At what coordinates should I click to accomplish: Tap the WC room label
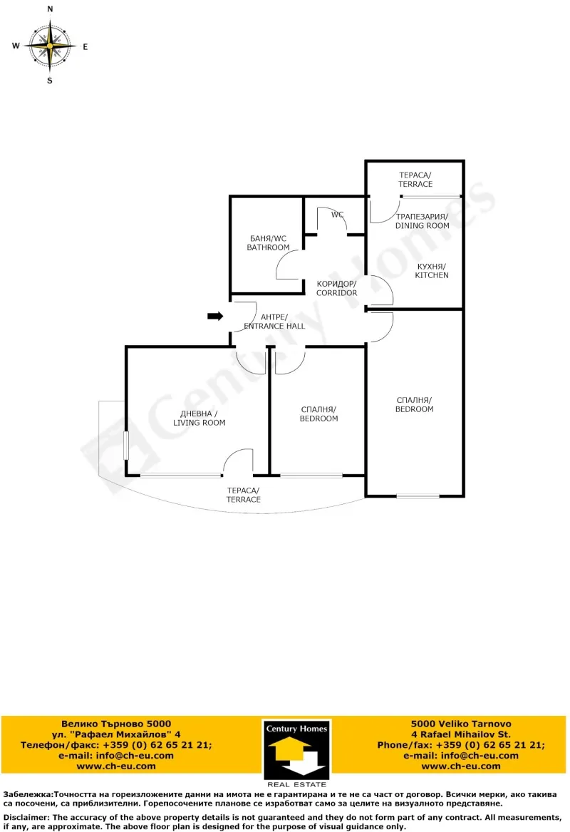337,215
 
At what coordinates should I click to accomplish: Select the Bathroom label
268,242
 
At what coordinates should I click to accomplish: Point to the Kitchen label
432,270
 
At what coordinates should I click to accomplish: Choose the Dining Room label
422,221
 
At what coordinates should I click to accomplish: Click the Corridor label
336,288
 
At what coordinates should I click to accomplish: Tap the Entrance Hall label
274,322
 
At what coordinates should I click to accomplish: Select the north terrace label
415,179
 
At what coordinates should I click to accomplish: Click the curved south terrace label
244,495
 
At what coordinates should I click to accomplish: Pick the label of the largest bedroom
415,404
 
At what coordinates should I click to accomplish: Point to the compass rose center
50,45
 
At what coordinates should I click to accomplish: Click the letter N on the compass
50,9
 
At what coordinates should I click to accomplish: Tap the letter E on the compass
85,47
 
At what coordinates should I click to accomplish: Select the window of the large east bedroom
418,495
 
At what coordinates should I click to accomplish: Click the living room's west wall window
126,441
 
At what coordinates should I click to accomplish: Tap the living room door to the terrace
238,463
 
